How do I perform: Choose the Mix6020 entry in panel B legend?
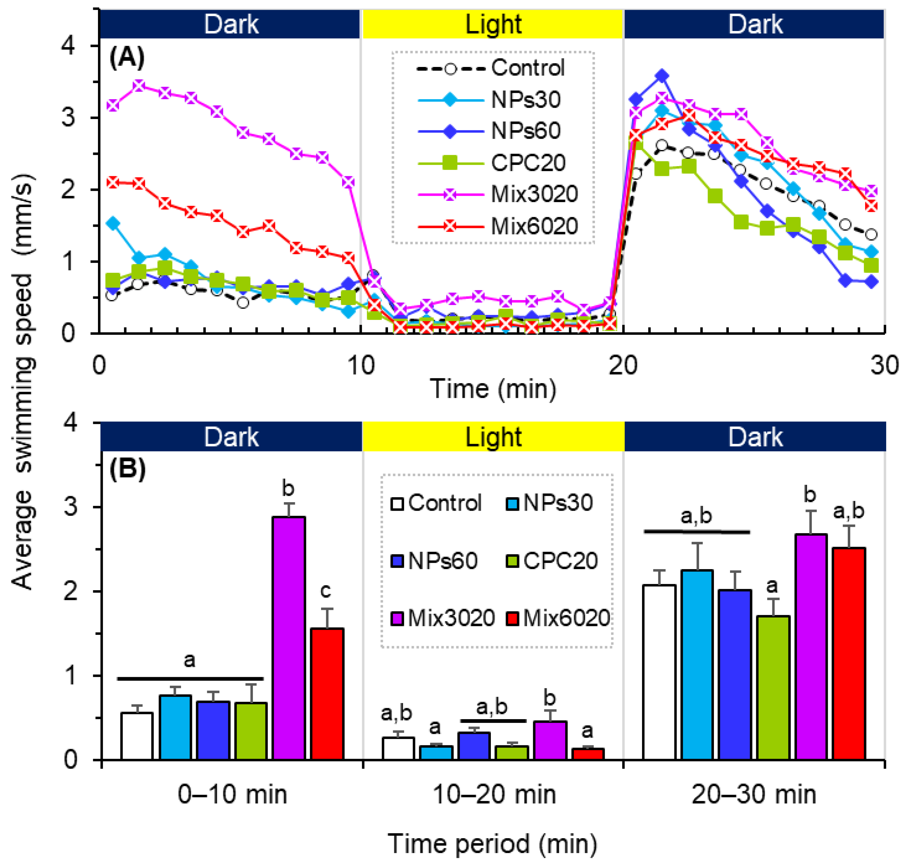click(x=566, y=618)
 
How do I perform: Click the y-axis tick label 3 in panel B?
click(x=70, y=507)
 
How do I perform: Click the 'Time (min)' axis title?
click(x=493, y=389)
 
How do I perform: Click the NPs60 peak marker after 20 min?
click(x=662, y=76)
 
